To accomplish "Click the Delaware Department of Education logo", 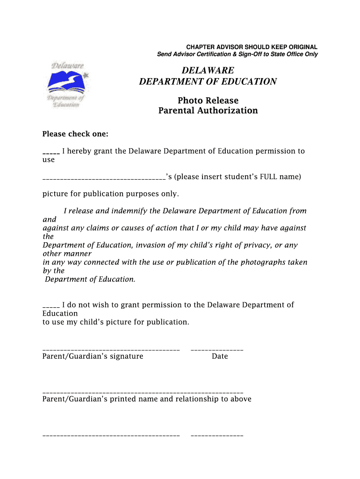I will click(x=68, y=85).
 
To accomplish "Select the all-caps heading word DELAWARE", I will click(x=208, y=71).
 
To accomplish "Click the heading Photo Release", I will click(x=208, y=101).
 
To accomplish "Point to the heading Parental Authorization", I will click(x=208, y=111).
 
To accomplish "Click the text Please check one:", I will click(x=75, y=134).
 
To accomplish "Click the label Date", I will click(x=220, y=356).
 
